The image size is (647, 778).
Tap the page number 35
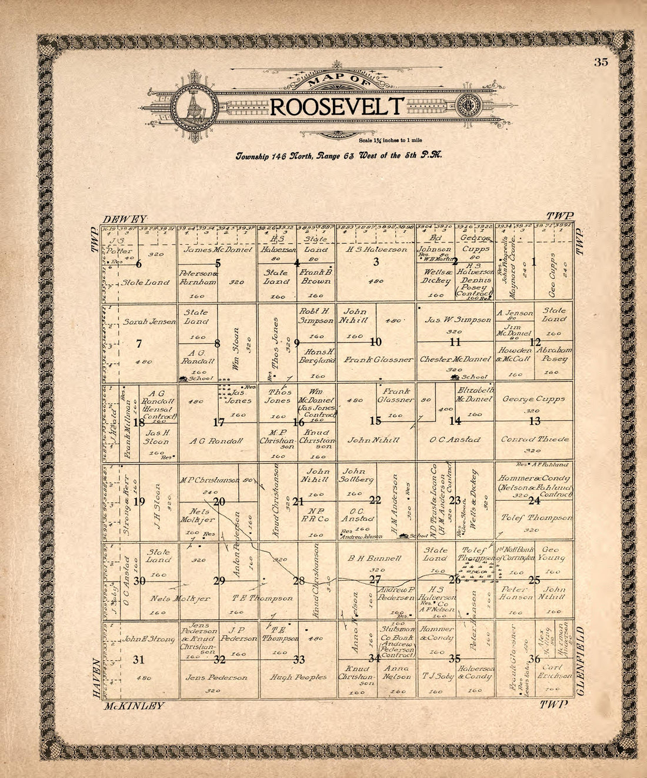click(x=601, y=62)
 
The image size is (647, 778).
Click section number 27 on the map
click(x=375, y=580)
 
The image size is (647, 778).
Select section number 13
click(x=534, y=421)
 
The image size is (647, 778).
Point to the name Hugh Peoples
click(x=298, y=677)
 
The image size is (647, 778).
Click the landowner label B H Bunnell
click(x=375, y=557)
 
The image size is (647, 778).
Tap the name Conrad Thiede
click(x=533, y=439)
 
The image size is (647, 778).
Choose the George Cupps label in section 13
click(x=533, y=398)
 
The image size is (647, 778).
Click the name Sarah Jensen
click(x=149, y=322)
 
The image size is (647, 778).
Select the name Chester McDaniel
click(x=455, y=359)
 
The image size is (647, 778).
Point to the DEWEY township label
click(x=124, y=218)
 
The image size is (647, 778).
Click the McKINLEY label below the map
click(x=134, y=706)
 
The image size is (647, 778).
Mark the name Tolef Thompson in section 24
click(x=535, y=518)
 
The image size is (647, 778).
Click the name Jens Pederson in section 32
click(x=216, y=677)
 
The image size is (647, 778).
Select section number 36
click(x=534, y=659)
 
